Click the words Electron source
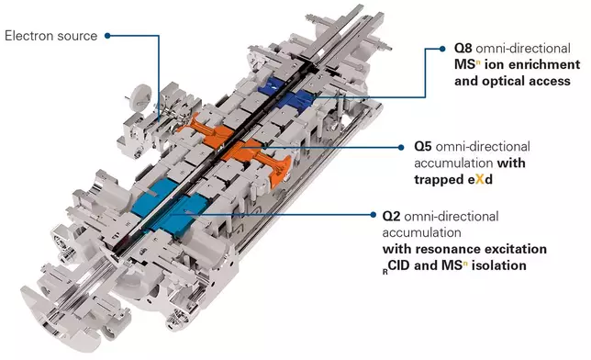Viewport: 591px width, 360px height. pyautogui.click(x=50, y=36)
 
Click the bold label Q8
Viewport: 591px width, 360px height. pyautogui.click(x=463, y=49)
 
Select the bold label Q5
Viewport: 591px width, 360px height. pyautogui.click(x=422, y=146)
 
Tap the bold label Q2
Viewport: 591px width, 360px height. pyautogui.click(x=391, y=216)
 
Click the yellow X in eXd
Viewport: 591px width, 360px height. pyautogui.click(x=479, y=179)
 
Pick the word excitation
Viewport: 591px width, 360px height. pyautogui.click(x=516, y=249)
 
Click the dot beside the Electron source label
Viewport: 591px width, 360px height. pyautogui.click(x=107, y=36)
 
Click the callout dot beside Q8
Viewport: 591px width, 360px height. pyautogui.click(x=442, y=49)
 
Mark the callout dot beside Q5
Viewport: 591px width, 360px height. pyautogui.click(x=401, y=147)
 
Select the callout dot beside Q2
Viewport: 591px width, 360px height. pyautogui.click(x=374, y=215)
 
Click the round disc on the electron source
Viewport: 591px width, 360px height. pyautogui.click(x=139, y=96)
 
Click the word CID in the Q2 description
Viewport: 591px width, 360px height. pyautogui.click(x=399, y=265)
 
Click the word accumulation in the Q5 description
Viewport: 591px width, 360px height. pyautogui.click(x=453, y=163)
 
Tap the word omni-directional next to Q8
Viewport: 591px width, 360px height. pyautogui.click(x=523, y=49)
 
